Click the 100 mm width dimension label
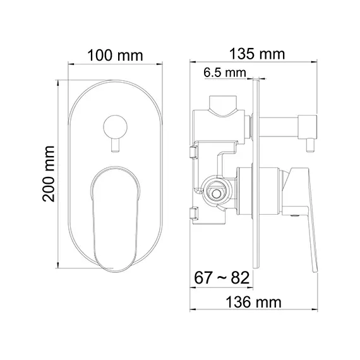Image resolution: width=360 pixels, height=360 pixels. pos(115,56)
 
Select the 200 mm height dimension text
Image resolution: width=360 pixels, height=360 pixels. pos(48,172)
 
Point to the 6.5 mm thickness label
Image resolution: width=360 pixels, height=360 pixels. pos(224,73)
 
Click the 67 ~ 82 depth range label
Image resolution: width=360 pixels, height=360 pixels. pos(220,278)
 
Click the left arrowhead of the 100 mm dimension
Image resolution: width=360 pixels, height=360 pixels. pos(71,64)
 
